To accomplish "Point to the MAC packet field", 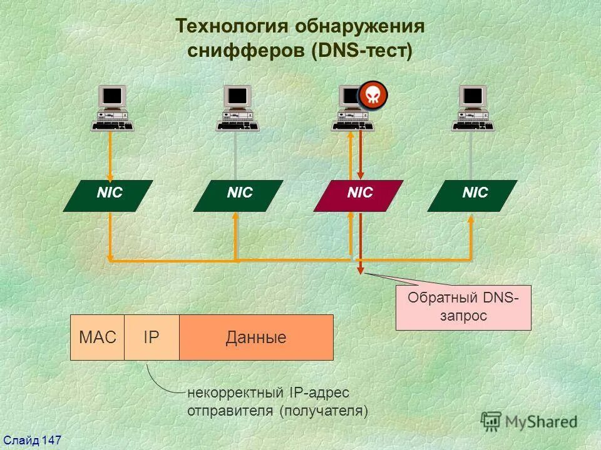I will click(98, 338).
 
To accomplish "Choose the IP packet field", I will click(152, 338).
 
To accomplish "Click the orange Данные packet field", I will click(256, 338).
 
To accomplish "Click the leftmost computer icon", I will click(113, 109).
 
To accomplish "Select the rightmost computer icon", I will click(473, 109).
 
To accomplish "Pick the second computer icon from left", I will click(238, 109).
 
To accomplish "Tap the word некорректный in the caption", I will click(236, 393).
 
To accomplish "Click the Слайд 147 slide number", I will click(31, 441).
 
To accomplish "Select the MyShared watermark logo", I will click(529, 421).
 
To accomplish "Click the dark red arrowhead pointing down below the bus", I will click(360, 270).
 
